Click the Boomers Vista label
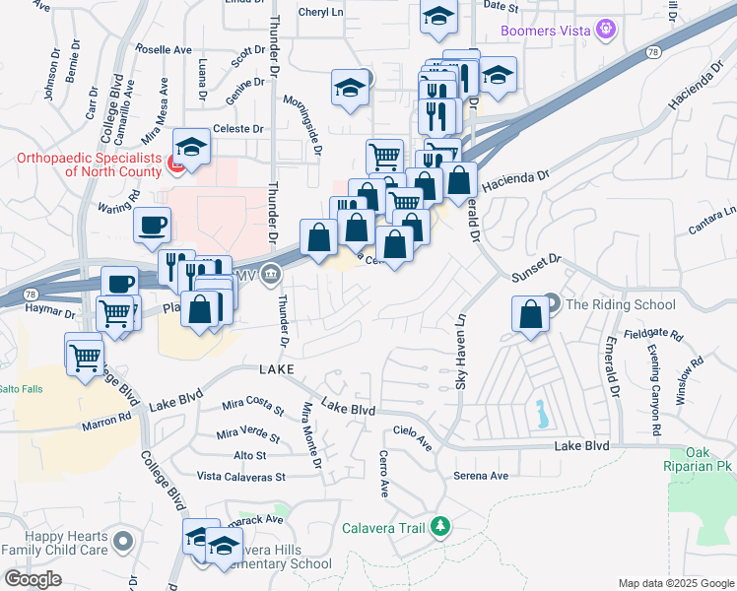pos(547,31)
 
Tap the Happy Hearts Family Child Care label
pos(55,549)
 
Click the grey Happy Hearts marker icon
pos(123,541)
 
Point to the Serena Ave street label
pos(480,476)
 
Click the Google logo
pos(32,578)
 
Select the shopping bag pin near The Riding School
pos(530,315)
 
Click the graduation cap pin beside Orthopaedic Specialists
pos(192,146)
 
